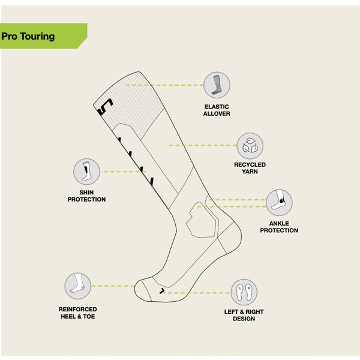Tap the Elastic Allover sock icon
217,84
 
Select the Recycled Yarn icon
250,145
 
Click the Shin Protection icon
86,171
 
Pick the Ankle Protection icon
279,201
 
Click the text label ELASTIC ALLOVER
217,110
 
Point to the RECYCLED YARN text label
250,167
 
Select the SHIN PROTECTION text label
86,196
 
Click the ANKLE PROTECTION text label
279,227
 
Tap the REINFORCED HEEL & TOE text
77,313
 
